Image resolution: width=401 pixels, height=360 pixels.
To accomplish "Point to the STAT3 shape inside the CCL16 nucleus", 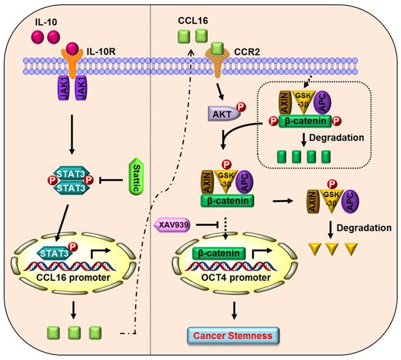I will (56, 249).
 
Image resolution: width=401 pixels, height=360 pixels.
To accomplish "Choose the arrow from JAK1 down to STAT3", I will (72, 133).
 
